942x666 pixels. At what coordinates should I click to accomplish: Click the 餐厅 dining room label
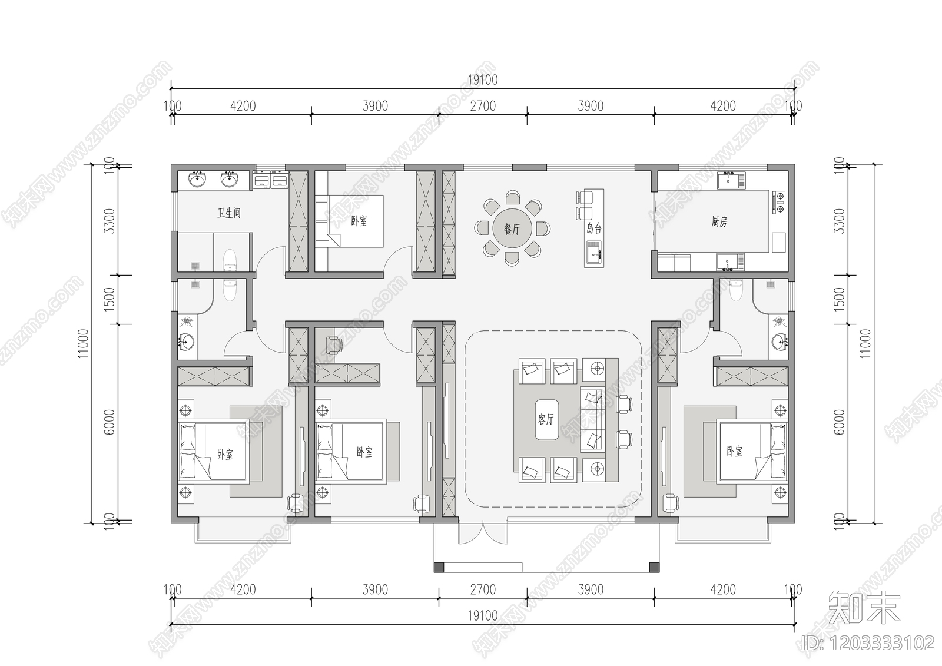(511, 229)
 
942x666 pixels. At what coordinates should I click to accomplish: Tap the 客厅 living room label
(546, 419)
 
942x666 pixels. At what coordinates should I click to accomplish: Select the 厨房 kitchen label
(719, 221)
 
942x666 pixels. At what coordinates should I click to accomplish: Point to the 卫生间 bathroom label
(229, 213)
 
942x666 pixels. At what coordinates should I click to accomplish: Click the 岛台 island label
(594, 228)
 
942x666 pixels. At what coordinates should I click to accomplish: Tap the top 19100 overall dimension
(482, 80)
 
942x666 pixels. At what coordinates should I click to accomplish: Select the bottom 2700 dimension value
(482, 589)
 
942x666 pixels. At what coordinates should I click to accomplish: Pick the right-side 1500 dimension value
(840, 299)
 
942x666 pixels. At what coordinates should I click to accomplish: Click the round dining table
(511, 229)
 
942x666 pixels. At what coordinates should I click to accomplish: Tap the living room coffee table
(546, 419)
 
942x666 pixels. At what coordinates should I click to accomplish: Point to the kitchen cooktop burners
(780, 201)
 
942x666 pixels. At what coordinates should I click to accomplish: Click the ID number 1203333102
(868, 642)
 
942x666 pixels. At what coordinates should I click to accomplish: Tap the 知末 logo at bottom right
(864, 608)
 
